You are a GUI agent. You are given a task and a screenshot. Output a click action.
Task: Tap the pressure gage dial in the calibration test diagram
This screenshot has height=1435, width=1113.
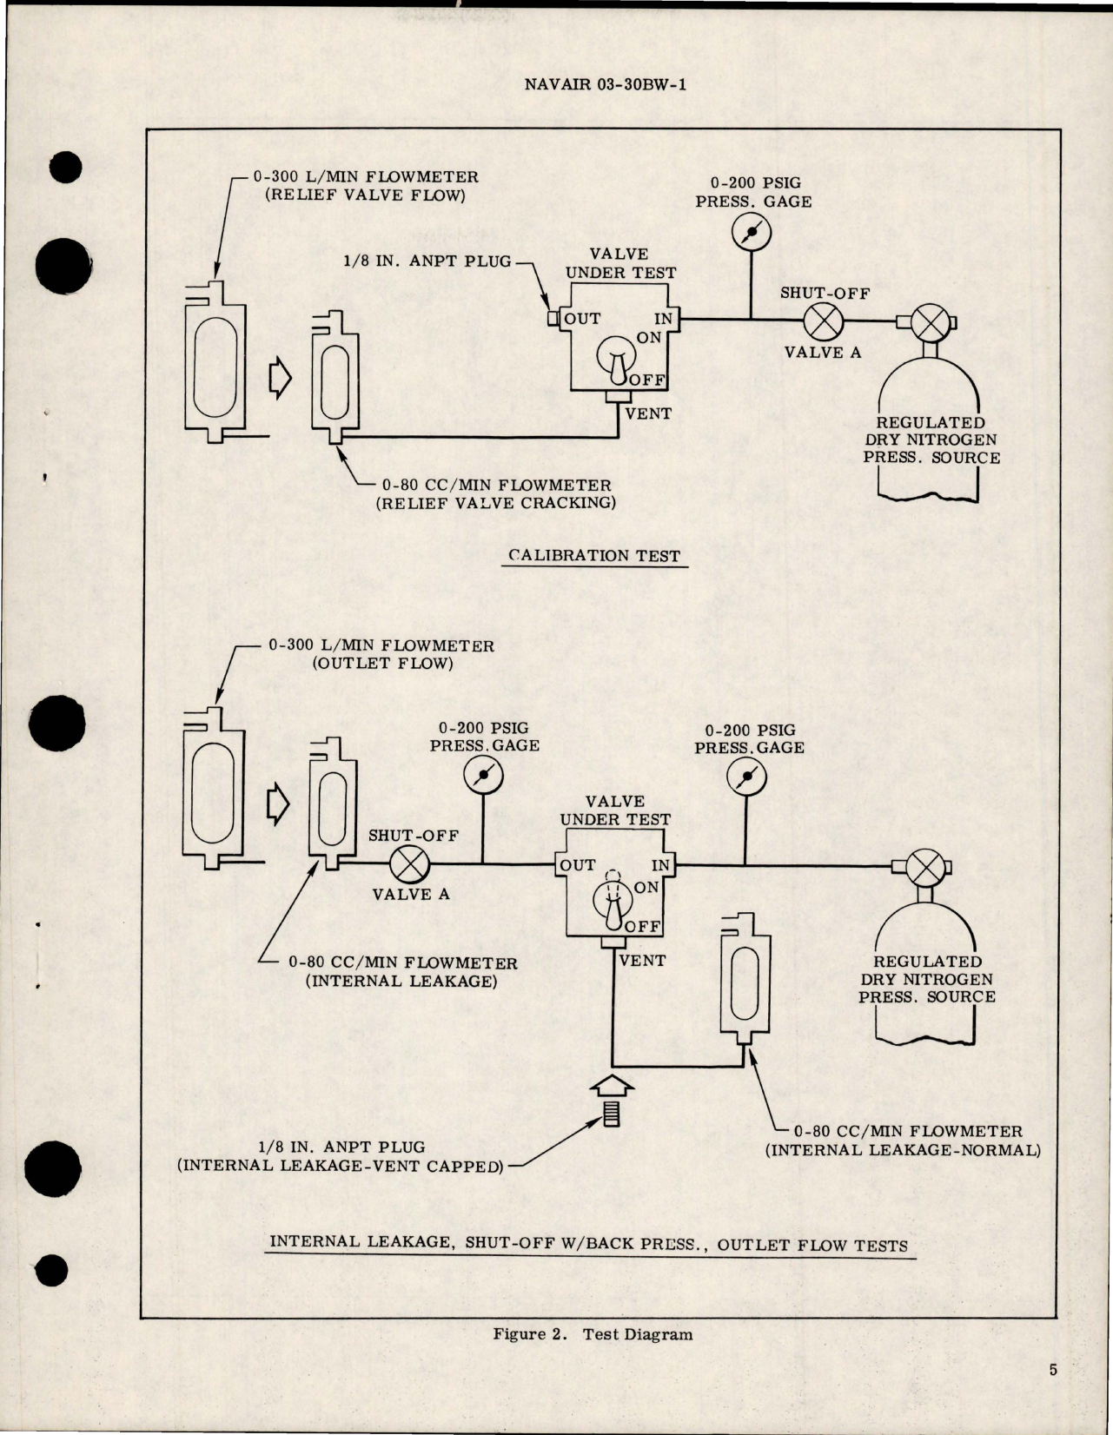751,230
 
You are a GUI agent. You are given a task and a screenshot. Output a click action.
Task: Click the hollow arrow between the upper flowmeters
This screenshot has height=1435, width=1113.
280,380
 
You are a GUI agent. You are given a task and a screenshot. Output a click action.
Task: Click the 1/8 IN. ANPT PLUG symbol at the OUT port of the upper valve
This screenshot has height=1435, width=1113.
553,319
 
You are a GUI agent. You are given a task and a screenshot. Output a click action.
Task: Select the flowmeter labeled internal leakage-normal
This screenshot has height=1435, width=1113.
745,975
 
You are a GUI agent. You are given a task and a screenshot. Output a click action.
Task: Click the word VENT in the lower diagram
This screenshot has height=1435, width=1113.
642,961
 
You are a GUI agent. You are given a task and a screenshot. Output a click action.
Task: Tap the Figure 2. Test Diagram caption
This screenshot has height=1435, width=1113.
593,1334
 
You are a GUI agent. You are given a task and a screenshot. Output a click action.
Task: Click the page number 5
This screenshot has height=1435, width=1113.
1053,1371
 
